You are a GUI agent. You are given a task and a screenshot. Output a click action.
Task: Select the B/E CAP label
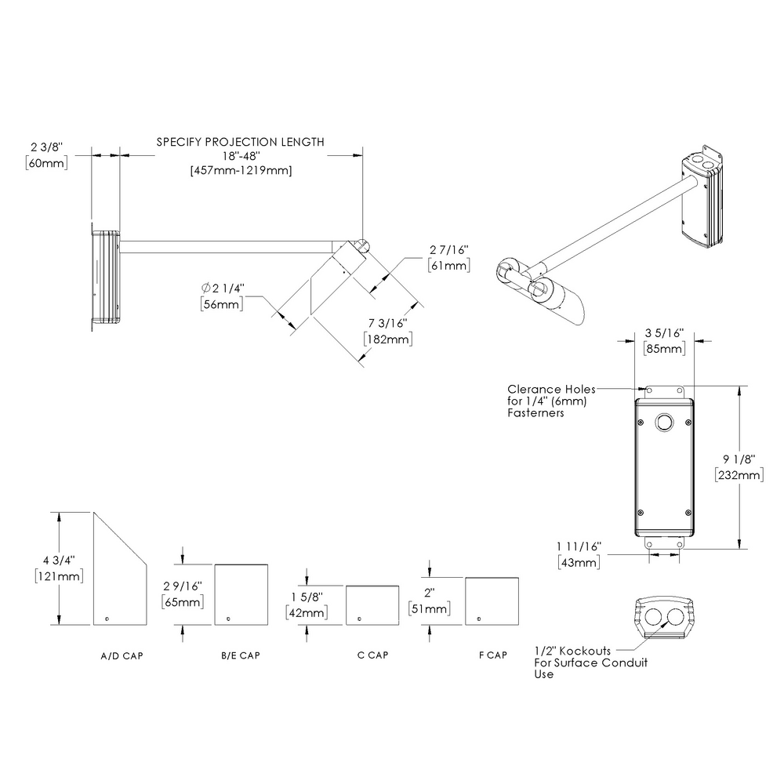[x=240, y=655]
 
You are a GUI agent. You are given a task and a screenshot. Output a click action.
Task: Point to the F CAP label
[x=491, y=655]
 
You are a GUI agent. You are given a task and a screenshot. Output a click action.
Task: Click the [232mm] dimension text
[x=739, y=474]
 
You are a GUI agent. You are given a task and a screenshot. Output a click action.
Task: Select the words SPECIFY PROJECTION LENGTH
[x=240, y=142]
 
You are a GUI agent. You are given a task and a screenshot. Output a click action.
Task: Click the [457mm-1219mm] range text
[x=240, y=171]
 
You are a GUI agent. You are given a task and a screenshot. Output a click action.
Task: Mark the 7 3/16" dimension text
[x=386, y=323]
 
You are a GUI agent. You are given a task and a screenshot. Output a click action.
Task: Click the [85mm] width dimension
[x=663, y=348]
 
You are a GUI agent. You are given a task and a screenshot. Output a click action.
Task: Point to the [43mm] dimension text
[x=579, y=562]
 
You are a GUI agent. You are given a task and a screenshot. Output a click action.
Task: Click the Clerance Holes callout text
[x=552, y=390]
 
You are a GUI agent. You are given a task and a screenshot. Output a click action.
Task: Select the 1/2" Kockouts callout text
[x=574, y=651]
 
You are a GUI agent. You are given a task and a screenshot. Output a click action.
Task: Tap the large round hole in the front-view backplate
[x=664, y=422]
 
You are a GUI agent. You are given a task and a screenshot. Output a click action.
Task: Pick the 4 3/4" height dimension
[x=60, y=560]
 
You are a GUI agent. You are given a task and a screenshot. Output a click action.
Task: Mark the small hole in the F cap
[x=476, y=619]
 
